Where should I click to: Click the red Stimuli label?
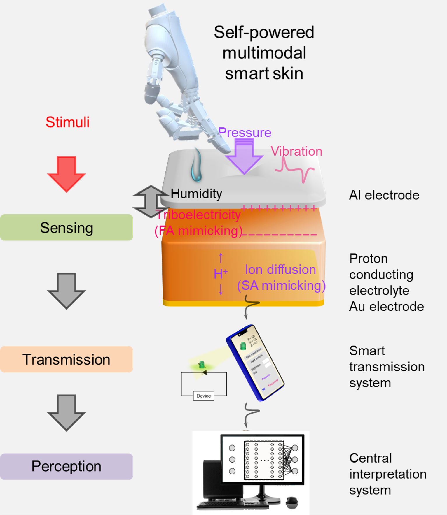pos(67,122)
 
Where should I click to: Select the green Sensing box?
pos(67,228)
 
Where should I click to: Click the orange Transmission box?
pos(67,359)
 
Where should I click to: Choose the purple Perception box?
pos(67,466)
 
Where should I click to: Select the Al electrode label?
pos(384,195)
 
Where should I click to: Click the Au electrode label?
pos(386,306)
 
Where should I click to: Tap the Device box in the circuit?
pos(203,396)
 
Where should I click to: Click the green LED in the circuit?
pos(202,365)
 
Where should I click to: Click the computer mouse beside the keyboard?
pos(292,502)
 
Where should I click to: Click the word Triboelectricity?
pos(198,215)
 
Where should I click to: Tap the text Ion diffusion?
pos(280,270)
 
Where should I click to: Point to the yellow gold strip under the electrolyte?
pos(243,303)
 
